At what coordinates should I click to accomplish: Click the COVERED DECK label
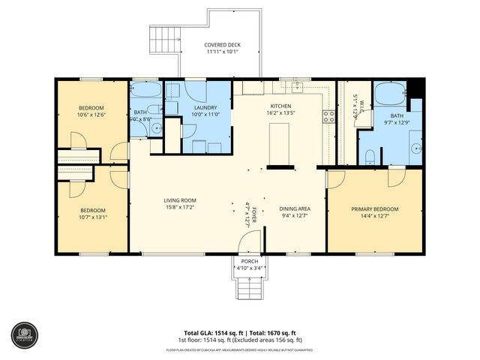pos(222,45)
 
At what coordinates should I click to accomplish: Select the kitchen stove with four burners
pos(328,116)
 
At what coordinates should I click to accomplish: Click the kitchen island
pos(280,139)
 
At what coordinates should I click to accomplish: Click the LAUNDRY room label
pos(205,108)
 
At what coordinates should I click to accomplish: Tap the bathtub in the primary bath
pos(390,95)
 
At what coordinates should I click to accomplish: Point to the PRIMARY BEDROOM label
pos(375,209)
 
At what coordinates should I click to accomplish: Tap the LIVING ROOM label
pos(180,200)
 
